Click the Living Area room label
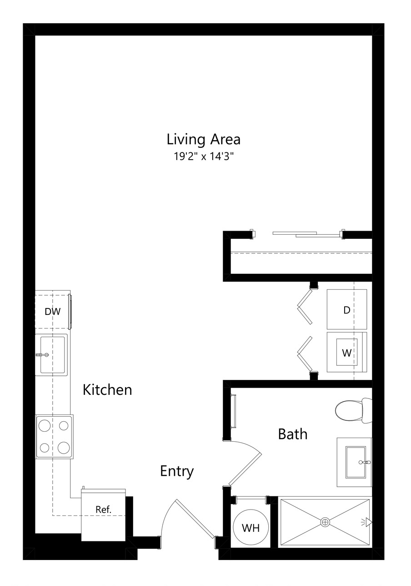point(203,139)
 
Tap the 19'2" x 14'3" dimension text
point(203,157)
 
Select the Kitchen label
point(107,390)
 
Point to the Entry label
point(177,471)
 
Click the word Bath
point(292,434)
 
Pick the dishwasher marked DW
point(53,312)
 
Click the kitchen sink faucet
point(42,355)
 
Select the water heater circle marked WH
point(251,527)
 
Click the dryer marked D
point(347,309)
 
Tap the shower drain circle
point(325,522)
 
